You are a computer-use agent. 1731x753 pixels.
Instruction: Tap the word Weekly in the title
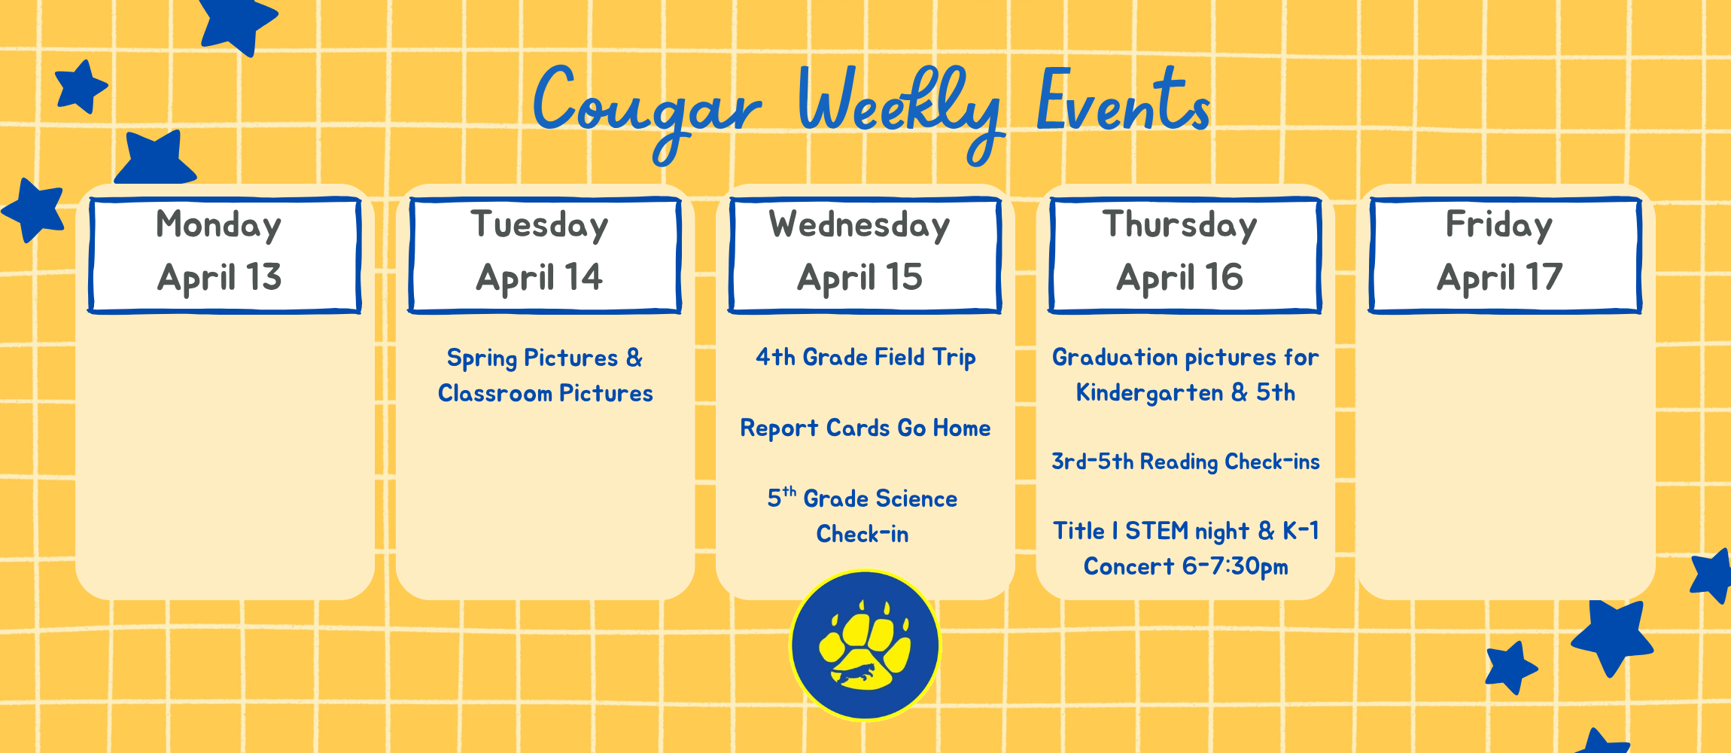pyautogui.click(x=899, y=105)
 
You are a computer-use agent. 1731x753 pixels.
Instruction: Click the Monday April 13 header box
pyautogui.click(x=224, y=255)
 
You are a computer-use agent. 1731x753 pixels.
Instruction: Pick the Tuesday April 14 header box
pyautogui.click(x=545, y=255)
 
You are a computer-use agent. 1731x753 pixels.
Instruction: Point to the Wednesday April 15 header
pyautogui.click(x=865, y=255)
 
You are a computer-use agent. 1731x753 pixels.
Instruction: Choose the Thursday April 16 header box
pyautogui.click(x=1185, y=255)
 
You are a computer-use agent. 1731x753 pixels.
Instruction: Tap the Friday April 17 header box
pyautogui.click(x=1505, y=255)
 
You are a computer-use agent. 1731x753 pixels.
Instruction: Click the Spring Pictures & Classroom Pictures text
pyautogui.click(x=545, y=375)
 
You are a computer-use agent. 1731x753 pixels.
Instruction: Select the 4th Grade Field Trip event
pyautogui.click(x=865, y=357)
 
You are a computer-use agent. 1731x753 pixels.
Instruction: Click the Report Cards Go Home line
pyautogui.click(x=865, y=428)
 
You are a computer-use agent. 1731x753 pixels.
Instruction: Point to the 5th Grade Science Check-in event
pyautogui.click(x=862, y=516)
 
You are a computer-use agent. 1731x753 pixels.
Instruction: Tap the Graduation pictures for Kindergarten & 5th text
pyautogui.click(x=1185, y=374)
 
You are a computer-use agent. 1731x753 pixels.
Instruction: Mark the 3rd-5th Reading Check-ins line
pyautogui.click(x=1185, y=462)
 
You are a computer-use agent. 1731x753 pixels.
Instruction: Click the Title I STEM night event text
pyautogui.click(x=1185, y=531)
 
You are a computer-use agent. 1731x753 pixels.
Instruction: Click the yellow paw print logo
pyautogui.click(x=865, y=646)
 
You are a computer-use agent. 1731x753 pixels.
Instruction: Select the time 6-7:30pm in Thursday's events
pyautogui.click(x=1234, y=566)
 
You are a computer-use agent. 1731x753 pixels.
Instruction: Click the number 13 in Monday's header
pyautogui.click(x=263, y=277)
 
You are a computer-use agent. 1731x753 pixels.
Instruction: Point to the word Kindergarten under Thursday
pyautogui.click(x=1149, y=393)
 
